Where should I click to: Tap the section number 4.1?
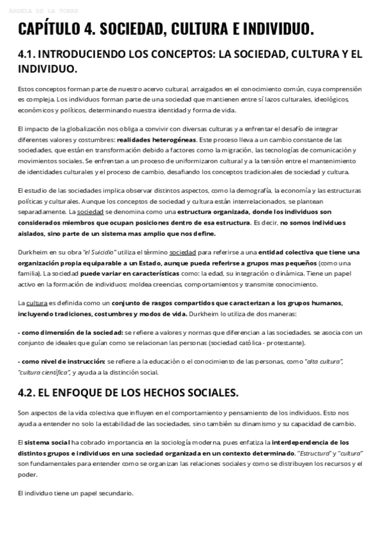(x=30, y=55)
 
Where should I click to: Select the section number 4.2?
(x=30, y=392)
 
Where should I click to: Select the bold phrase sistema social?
(x=46, y=442)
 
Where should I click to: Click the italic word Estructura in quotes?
(x=310, y=452)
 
